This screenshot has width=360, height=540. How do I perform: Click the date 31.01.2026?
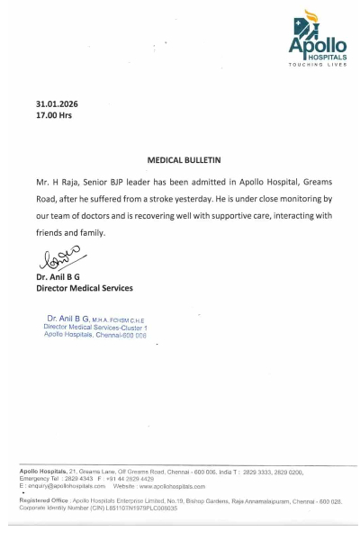coord(57,104)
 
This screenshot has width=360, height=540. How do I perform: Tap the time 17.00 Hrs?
coord(53,116)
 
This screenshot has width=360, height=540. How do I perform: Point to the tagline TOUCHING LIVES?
coord(318,65)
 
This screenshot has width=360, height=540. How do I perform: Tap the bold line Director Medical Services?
coord(84,288)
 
